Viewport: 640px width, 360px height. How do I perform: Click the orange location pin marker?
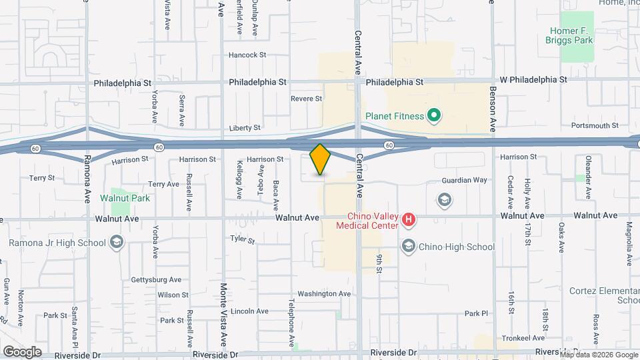[x=321, y=159]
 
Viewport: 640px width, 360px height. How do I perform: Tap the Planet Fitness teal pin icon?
[x=434, y=116]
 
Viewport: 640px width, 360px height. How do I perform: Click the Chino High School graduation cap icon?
[x=408, y=247]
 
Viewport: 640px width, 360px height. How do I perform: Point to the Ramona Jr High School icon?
[x=117, y=241]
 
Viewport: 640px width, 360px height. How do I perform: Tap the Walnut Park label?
[x=125, y=198]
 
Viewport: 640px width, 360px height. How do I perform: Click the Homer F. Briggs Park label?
[x=572, y=35]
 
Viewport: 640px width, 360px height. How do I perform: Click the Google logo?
[x=22, y=351]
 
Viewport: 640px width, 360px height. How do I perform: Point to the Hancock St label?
[x=247, y=55]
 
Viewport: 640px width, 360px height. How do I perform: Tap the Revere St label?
[x=306, y=99]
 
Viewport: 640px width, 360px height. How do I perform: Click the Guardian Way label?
[x=465, y=180]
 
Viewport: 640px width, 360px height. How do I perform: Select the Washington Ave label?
[x=324, y=293]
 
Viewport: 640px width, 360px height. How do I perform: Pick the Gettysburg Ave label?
[x=156, y=280]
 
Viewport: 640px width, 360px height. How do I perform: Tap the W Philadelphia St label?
[x=533, y=79]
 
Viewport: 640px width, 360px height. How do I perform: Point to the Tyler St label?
[x=243, y=239]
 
